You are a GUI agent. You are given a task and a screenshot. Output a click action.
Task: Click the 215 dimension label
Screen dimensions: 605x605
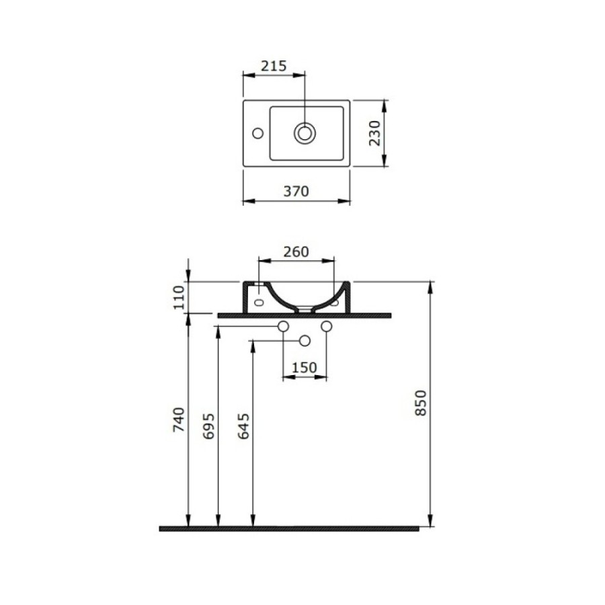coord(274,66)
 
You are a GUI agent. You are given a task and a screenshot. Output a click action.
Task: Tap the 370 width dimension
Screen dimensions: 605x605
coord(296,191)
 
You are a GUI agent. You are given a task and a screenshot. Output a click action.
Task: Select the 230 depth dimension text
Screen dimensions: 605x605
coord(374,133)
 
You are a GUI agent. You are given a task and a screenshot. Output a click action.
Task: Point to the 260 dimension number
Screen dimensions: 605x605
coord(296,251)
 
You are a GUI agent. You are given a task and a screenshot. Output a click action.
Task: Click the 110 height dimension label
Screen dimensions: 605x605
coord(179,298)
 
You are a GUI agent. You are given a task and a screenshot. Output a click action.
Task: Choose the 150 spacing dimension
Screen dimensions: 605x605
coord(304,367)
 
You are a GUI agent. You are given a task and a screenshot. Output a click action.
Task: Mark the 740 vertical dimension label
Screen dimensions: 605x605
coord(179,419)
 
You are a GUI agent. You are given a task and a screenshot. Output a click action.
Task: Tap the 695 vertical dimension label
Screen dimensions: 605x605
coord(209,426)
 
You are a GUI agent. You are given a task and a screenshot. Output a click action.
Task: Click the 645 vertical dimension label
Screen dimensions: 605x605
coord(243,426)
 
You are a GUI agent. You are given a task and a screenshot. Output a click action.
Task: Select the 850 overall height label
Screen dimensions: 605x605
coord(421,403)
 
